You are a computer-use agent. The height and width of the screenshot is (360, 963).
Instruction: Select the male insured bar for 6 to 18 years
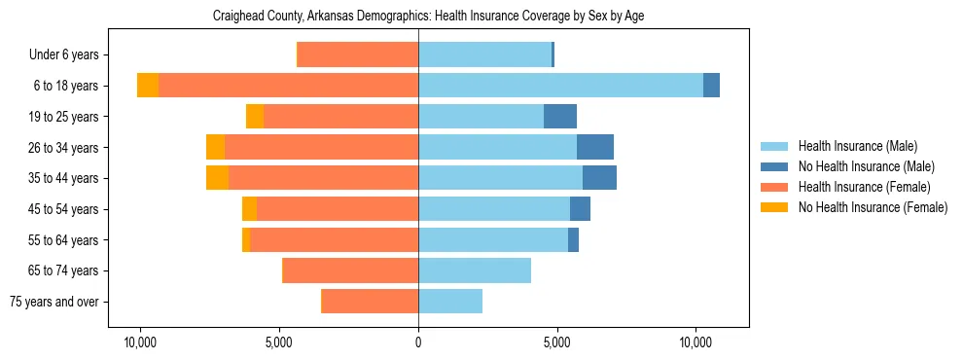tap(560, 86)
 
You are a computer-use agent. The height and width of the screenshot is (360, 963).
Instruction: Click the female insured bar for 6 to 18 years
tap(288, 86)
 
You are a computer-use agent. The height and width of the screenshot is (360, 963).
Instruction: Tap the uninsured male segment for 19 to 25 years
tap(560, 117)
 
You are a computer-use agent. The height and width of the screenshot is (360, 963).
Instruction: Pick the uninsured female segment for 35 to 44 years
tap(217, 178)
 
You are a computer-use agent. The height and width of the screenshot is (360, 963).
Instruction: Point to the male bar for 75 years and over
tap(450, 302)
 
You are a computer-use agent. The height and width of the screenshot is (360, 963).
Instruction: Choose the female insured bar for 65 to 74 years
tap(350, 270)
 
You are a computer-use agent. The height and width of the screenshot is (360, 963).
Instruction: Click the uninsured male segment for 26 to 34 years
tap(595, 147)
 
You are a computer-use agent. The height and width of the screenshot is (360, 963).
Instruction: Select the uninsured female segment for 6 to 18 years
tap(148, 86)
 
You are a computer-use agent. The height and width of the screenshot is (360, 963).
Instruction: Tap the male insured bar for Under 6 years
tap(484, 54)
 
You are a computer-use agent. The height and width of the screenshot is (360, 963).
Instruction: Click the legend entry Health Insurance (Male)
tap(857, 147)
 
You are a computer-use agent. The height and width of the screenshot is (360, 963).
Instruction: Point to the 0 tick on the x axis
tap(418, 343)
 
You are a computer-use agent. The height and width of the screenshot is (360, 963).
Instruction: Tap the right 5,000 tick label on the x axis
tap(557, 343)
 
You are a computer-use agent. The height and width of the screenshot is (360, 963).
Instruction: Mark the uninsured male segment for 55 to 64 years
tap(573, 239)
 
